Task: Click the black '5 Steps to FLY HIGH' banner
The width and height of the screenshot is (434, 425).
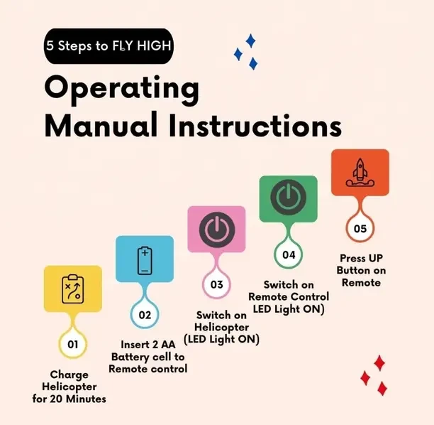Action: [108, 46]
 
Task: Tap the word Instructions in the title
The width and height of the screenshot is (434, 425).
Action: [255, 126]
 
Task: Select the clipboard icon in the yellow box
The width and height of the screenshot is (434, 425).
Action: [73, 289]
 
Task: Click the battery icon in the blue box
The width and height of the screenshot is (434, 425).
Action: [145, 261]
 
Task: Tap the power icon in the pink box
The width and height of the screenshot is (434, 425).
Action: [217, 230]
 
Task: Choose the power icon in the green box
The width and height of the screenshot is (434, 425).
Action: [289, 198]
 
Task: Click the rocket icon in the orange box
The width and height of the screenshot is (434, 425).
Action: [360, 173]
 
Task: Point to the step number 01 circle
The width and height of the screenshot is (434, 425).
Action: [73, 344]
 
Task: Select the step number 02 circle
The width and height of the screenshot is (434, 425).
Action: [145, 315]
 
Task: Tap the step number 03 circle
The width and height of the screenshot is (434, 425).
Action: [217, 284]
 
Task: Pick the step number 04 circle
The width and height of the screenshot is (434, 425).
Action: [289, 254]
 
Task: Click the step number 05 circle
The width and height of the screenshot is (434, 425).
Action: [360, 229]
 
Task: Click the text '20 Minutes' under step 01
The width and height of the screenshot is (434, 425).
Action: [78, 399]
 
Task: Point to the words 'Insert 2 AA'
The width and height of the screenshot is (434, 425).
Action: [148, 345]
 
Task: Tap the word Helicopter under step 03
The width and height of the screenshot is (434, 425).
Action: [221, 327]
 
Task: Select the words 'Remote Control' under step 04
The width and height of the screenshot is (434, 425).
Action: [289, 297]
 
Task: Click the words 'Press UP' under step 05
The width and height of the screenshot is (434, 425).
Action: [361, 258]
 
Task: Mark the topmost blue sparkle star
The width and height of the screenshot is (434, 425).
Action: [251, 41]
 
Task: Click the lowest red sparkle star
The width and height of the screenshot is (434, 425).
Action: [382, 388]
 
